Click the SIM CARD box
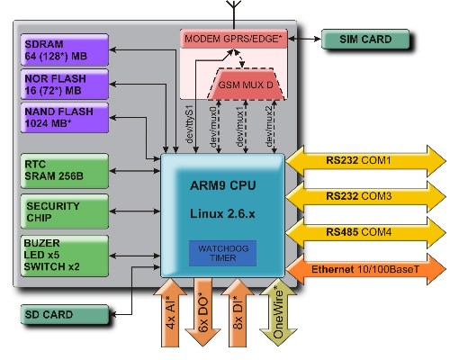point(365,39)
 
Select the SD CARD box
point(65,314)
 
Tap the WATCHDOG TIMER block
point(222,253)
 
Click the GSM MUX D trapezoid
point(246,85)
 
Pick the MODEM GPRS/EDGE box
point(234,39)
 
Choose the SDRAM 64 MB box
point(65,49)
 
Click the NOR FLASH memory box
point(65,85)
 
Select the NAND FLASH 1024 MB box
point(65,118)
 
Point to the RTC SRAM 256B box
point(65,171)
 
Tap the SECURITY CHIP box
point(65,211)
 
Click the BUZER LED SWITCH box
point(65,256)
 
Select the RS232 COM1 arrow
point(365,161)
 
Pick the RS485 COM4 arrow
point(365,232)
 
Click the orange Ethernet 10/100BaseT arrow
point(365,269)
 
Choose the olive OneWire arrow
point(278,313)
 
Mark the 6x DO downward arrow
point(203,312)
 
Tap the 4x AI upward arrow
point(170,312)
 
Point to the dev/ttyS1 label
point(190,124)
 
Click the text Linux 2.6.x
point(222,213)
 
